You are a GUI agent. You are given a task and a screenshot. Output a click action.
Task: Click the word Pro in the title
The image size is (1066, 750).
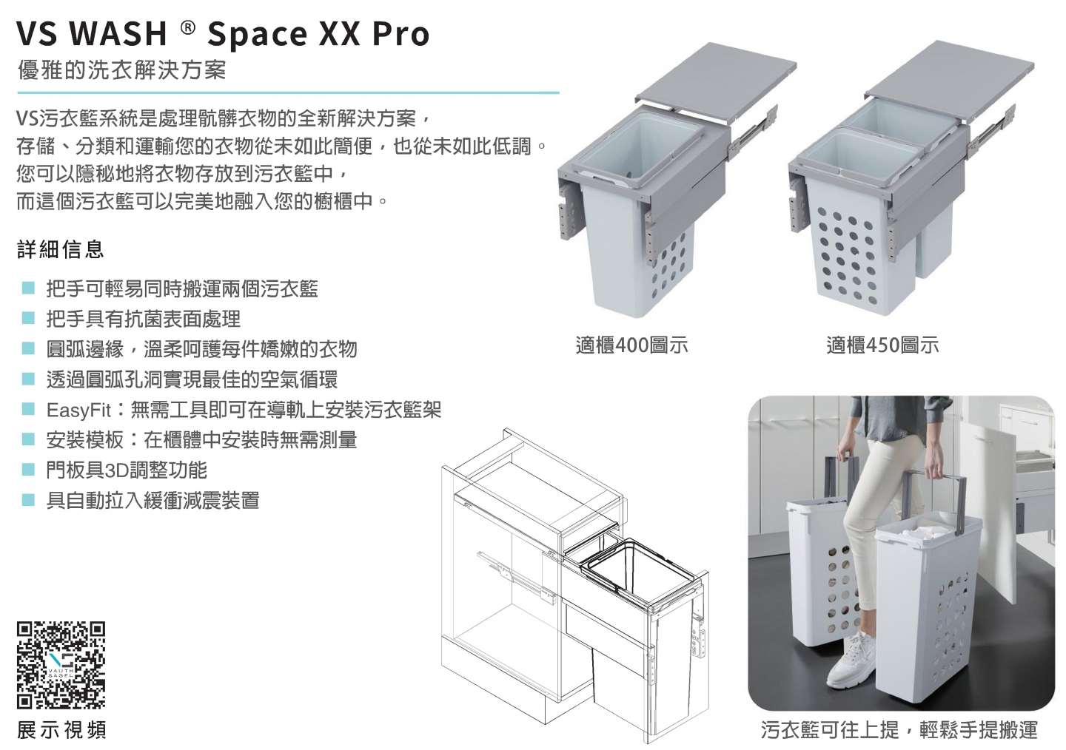[x=400, y=34]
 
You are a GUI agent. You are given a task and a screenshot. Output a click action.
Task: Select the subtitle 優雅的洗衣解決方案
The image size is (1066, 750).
[x=122, y=70]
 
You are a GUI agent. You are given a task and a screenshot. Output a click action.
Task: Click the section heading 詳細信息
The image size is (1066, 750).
[x=61, y=249]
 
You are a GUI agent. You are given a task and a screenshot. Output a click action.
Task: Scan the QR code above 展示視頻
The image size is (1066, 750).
[x=61, y=664]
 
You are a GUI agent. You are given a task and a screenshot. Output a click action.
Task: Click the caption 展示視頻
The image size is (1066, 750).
[x=61, y=729]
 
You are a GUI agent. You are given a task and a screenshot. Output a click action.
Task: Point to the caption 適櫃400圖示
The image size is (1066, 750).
[x=631, y=345]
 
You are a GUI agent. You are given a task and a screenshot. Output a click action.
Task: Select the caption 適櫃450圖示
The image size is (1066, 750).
[x=882, y=345]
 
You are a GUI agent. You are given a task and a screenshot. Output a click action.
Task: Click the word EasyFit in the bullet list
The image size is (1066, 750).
[x=78, y=410]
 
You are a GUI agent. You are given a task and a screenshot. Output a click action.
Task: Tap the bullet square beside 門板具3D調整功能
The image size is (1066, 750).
[x=29, y=470]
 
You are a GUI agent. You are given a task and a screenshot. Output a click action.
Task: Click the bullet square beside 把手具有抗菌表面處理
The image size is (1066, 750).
[x=29, y=318]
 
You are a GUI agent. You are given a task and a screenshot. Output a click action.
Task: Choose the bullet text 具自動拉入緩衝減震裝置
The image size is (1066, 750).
[x=152, y=500]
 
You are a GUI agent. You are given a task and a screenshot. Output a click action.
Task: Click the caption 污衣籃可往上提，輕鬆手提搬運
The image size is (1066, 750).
[x=899, y=729]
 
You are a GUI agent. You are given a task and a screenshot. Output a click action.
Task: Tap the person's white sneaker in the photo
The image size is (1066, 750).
[x=851, y=661]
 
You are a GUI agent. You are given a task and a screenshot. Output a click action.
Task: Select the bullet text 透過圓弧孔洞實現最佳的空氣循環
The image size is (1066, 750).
[x=192, y=379]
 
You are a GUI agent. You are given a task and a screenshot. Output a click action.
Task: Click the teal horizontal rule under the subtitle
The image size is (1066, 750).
[x=288, y=92]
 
